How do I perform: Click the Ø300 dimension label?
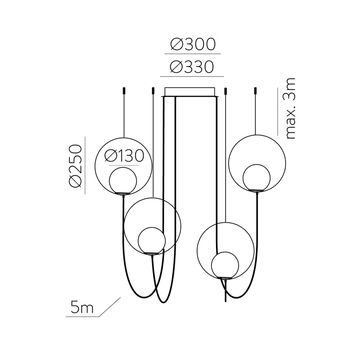pos(193,44)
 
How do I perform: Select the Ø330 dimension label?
pos(193,67)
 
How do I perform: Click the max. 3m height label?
pos(289,108)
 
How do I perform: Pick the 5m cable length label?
pos(82,308)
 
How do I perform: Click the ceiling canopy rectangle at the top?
pos(190,92)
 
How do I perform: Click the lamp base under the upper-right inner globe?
pos(257,191)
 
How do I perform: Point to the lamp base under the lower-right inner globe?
pos(225,278)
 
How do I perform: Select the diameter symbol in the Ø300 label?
pos(176,44)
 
